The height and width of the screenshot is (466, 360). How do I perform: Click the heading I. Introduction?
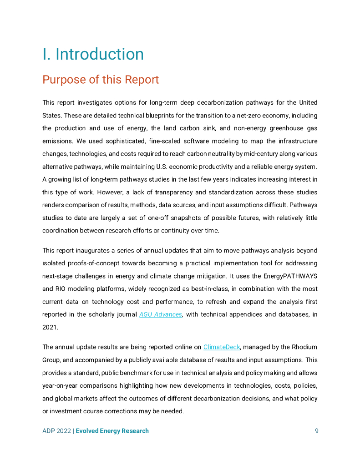click(93, 54)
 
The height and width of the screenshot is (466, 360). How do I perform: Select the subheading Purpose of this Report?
click(101, 80)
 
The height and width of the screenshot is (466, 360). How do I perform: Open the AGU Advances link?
click(160, 314)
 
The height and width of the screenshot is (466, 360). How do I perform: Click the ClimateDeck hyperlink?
click(221, 347)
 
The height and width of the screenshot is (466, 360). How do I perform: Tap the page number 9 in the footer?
click(316, 431)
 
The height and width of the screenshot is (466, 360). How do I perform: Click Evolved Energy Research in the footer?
click(112, 431)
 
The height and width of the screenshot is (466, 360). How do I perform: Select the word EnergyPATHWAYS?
click(292, 276)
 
